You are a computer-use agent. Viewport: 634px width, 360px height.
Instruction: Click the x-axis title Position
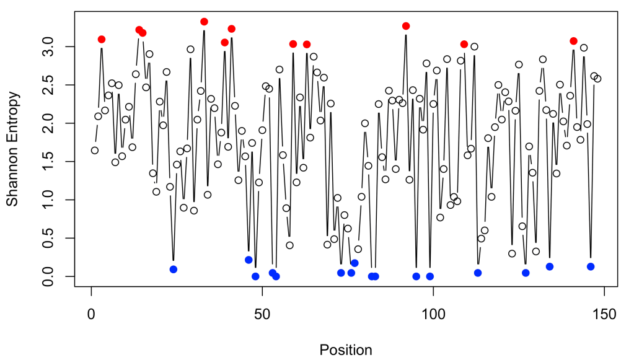pos(346,349)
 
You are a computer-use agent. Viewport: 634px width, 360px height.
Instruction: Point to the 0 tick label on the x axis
pos(91,313)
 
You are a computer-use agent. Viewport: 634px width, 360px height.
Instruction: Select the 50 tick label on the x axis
pos(262,313)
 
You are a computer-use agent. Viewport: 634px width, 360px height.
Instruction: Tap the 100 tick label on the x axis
pos(433,313)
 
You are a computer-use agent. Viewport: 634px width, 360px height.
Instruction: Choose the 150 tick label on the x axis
pos(604,313)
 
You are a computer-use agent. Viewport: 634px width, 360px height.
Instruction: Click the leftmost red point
pos(102,39)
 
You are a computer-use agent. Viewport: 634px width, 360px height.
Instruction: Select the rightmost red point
pos(573,41)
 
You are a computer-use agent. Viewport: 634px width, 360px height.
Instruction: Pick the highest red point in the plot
pos(204,22)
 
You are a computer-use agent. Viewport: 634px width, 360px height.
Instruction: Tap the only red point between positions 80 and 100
pos(406,26)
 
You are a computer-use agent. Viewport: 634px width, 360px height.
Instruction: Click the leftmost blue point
pos(174,270)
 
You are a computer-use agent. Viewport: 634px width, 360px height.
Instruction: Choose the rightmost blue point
pos(591,266)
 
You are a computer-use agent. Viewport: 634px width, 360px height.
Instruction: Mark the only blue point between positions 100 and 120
pos(478,273)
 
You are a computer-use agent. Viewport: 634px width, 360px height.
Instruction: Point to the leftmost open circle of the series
pos(95,150)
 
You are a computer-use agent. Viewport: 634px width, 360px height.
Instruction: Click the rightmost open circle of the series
pos(597,79)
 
